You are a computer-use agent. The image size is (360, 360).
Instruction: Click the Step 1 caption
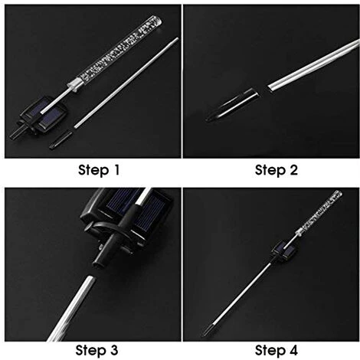click(99, 170)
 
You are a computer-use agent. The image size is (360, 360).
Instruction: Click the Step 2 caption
click(277, 170)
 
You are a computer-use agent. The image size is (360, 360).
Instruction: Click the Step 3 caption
click(97, 350)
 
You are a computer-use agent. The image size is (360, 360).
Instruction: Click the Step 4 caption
click(277, 350)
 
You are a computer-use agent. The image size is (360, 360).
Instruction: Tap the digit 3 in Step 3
click(113, 350)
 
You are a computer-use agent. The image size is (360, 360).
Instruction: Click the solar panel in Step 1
click(44, 115)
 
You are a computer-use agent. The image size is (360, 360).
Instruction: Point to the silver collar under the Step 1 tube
click(75, 85)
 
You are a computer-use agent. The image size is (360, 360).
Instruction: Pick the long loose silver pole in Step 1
click(126, 82)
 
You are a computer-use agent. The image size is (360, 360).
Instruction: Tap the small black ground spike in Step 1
click(61, 139)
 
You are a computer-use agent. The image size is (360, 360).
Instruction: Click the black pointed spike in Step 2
click(232, 105)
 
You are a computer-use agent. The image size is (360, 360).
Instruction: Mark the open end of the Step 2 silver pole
click(270, 87)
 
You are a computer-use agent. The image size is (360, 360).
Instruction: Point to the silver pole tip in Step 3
click(90, 280)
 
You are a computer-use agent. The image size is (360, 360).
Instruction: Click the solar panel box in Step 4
click(284, 249)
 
